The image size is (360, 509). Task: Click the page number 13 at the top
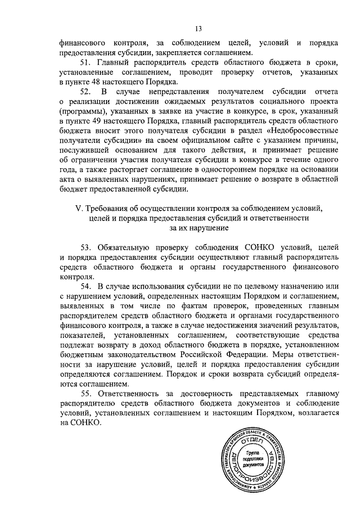click(198, 28)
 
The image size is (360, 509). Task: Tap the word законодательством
click(136, 355)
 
